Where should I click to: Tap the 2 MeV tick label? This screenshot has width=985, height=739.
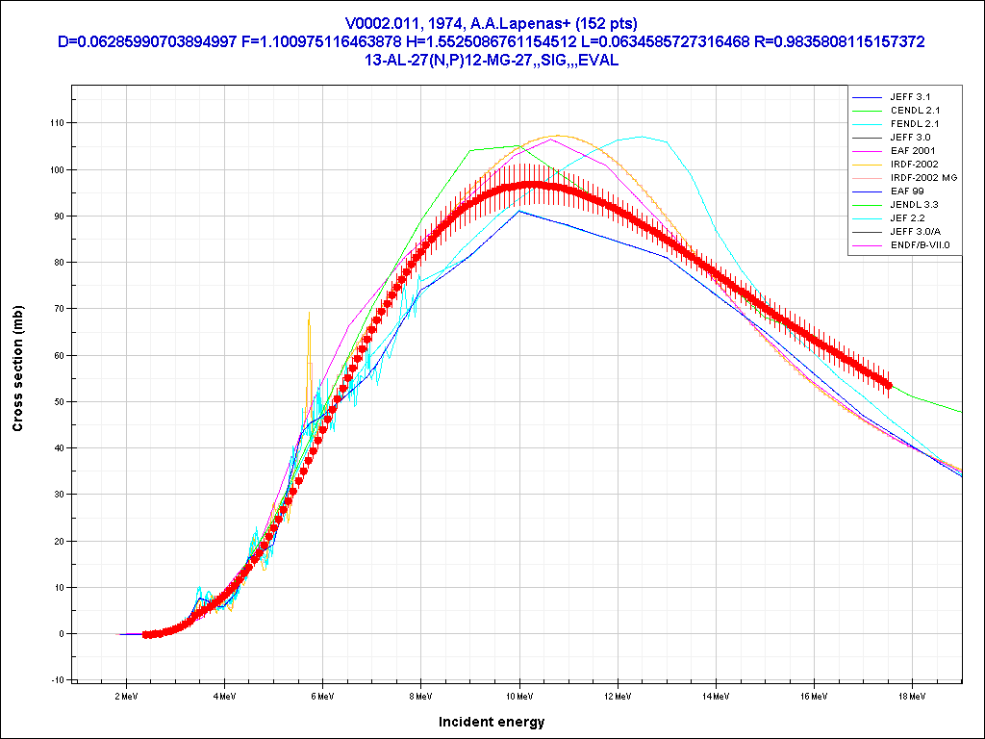pyautogui.click(x=126, y=694)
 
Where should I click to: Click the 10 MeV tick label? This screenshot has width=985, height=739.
pyautogui.click(x=518, y=694)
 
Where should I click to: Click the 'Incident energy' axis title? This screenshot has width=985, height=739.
pyautogui.click(x=492, y=722)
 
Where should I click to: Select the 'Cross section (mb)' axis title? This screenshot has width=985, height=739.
pyautogui.click(x=18, y=367)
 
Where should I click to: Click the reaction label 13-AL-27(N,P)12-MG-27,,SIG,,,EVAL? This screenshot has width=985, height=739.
pyautogui.click(x=492, y=60)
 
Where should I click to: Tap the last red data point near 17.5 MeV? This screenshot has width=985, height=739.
pyautogui.click(x=889, y=385)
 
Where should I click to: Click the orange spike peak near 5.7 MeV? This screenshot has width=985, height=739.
pyautogui.click(x=309, y=315)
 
